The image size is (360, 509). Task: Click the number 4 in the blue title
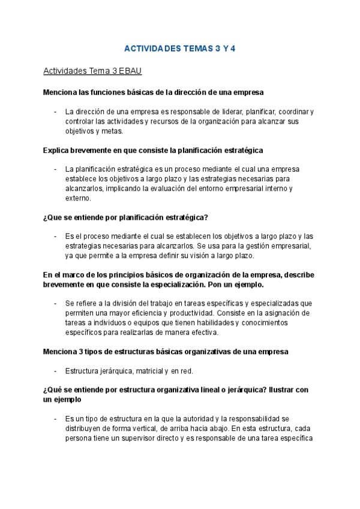[233, 49]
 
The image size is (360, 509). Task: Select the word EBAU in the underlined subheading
[130, 71]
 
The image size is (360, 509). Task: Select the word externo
[77, 198]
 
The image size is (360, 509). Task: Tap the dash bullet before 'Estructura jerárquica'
[55, 370]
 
